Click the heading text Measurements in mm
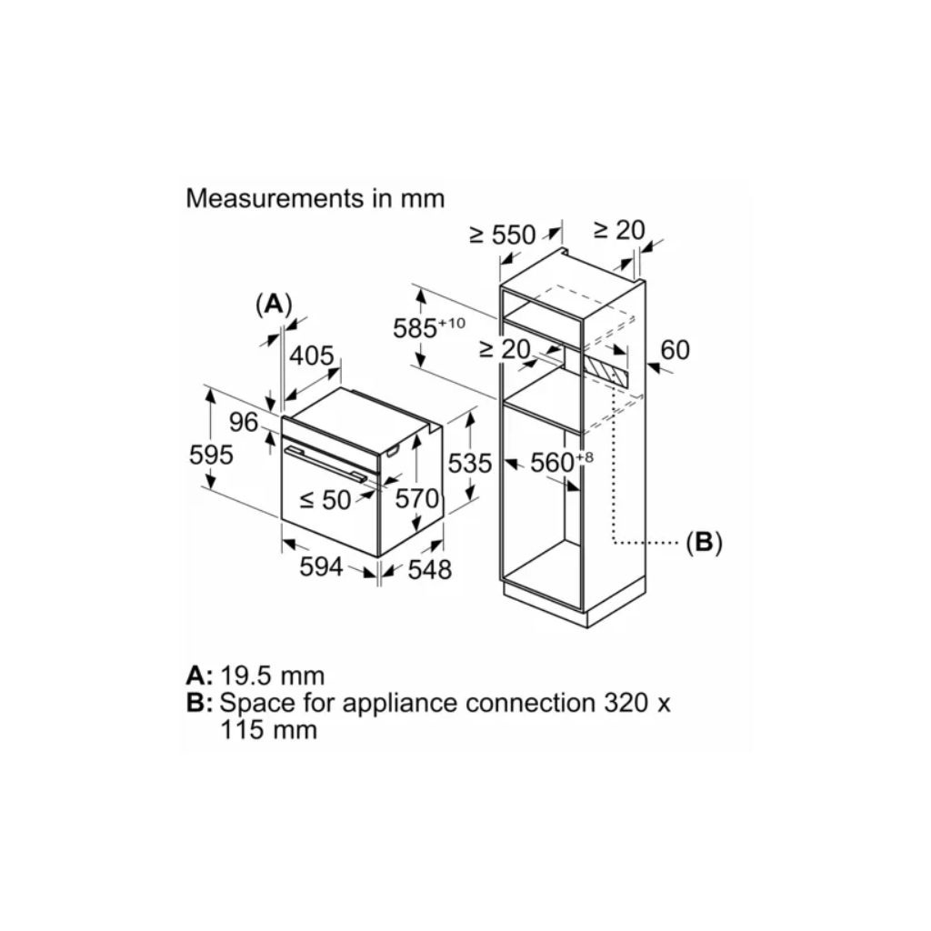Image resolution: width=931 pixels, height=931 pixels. pos(315,198)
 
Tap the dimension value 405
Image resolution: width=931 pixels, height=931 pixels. pos(311,355)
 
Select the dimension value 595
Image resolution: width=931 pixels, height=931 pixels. pos(211,454)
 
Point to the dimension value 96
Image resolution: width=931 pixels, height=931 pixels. pos(244,422)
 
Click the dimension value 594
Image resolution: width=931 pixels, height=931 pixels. pos(322,566)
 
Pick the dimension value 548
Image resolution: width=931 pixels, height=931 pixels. pos(430,569)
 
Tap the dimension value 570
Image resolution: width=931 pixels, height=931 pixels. pos(416,498)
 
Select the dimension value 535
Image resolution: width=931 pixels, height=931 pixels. pos(470,464)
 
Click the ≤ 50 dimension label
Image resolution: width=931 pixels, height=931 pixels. pos(325,498)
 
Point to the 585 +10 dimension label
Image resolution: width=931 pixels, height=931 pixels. pos(427,327)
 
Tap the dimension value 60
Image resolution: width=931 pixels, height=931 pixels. pos(676,349)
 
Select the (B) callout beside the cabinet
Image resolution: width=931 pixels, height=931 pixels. pos(703,543)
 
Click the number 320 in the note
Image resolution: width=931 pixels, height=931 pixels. pos(630,703)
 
